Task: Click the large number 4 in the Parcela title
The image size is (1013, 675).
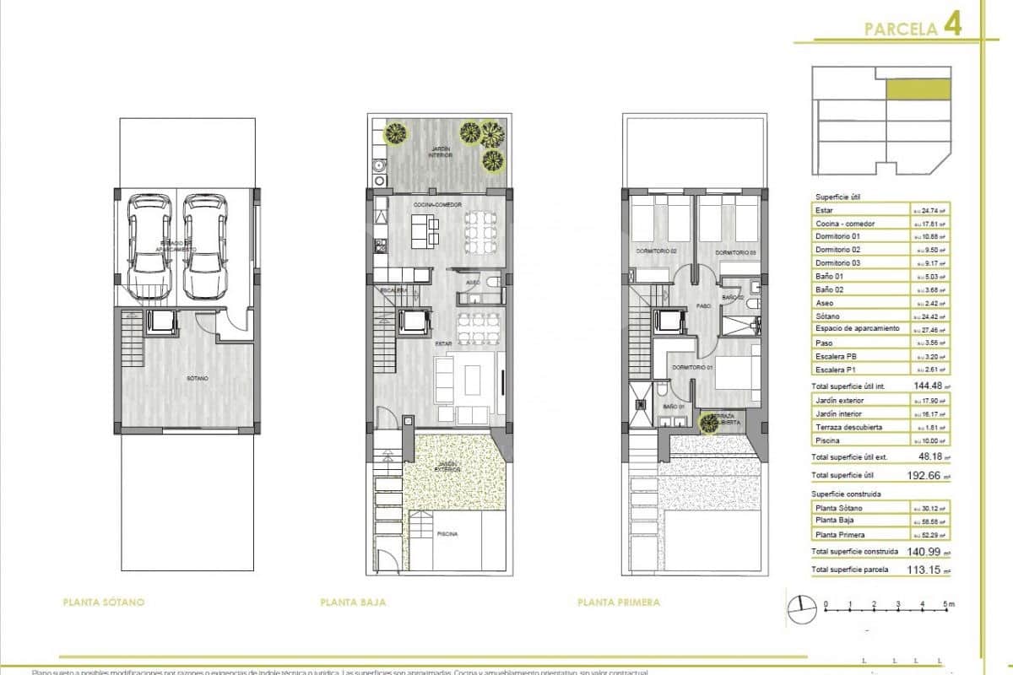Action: (x=952, y=26)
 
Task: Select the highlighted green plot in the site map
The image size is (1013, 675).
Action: (x=918, y=90)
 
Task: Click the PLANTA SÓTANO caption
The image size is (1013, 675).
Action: (x=104, y=602)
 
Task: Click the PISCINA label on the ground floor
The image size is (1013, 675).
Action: (x=447, y=534)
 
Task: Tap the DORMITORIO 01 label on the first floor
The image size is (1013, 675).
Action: (x=692, y=368)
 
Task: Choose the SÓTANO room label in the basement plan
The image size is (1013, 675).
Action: (x=198, y=379)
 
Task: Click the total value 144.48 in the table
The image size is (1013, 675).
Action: (x=927, y=386)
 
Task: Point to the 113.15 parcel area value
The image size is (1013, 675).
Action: (x=927, y=571)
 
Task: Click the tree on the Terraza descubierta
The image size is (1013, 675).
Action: (x=707, y=421)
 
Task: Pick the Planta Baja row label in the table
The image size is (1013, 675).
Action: (x=834, y=521)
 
